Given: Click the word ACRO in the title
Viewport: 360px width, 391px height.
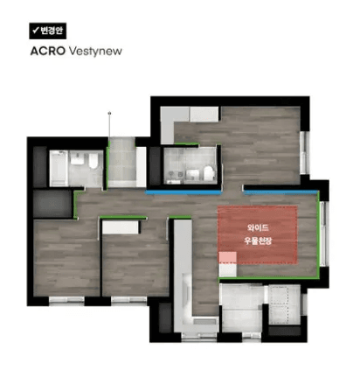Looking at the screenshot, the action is [48, 52].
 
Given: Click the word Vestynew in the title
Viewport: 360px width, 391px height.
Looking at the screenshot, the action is [95, 52].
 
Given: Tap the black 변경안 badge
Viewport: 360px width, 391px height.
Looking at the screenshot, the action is [48, 31].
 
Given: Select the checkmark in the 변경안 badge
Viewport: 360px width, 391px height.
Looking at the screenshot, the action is [36, 30].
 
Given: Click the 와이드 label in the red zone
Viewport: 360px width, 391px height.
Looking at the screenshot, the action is [258, 227].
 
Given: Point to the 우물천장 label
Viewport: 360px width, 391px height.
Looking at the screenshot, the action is [258, 241].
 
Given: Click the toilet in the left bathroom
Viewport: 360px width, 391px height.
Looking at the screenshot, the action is [93, 161].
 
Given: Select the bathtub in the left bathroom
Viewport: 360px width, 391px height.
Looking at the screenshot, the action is [59, 168].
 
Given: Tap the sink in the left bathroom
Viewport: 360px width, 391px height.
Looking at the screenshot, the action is [77, 158].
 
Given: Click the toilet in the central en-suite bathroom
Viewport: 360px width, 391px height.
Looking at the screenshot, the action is [209, 173].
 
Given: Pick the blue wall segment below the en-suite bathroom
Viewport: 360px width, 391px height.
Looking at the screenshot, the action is [183, 192].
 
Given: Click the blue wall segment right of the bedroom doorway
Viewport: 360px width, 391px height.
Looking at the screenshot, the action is [280, 192].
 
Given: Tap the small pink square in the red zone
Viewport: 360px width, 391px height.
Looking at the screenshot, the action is [228, 257].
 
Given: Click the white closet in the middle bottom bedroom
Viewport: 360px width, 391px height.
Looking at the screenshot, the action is [121, 227].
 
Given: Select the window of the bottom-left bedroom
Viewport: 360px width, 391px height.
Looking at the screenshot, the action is [66, 300].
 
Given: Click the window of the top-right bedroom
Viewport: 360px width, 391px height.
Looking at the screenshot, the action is [304, 153].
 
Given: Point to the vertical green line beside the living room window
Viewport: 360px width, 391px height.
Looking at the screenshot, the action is [318, 234].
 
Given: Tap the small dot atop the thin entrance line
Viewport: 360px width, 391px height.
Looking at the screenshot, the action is [109, 113].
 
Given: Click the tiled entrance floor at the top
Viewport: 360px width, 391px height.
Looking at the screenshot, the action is [121, 162].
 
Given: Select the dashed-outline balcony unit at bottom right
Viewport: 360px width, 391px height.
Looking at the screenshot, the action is [284, 304].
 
